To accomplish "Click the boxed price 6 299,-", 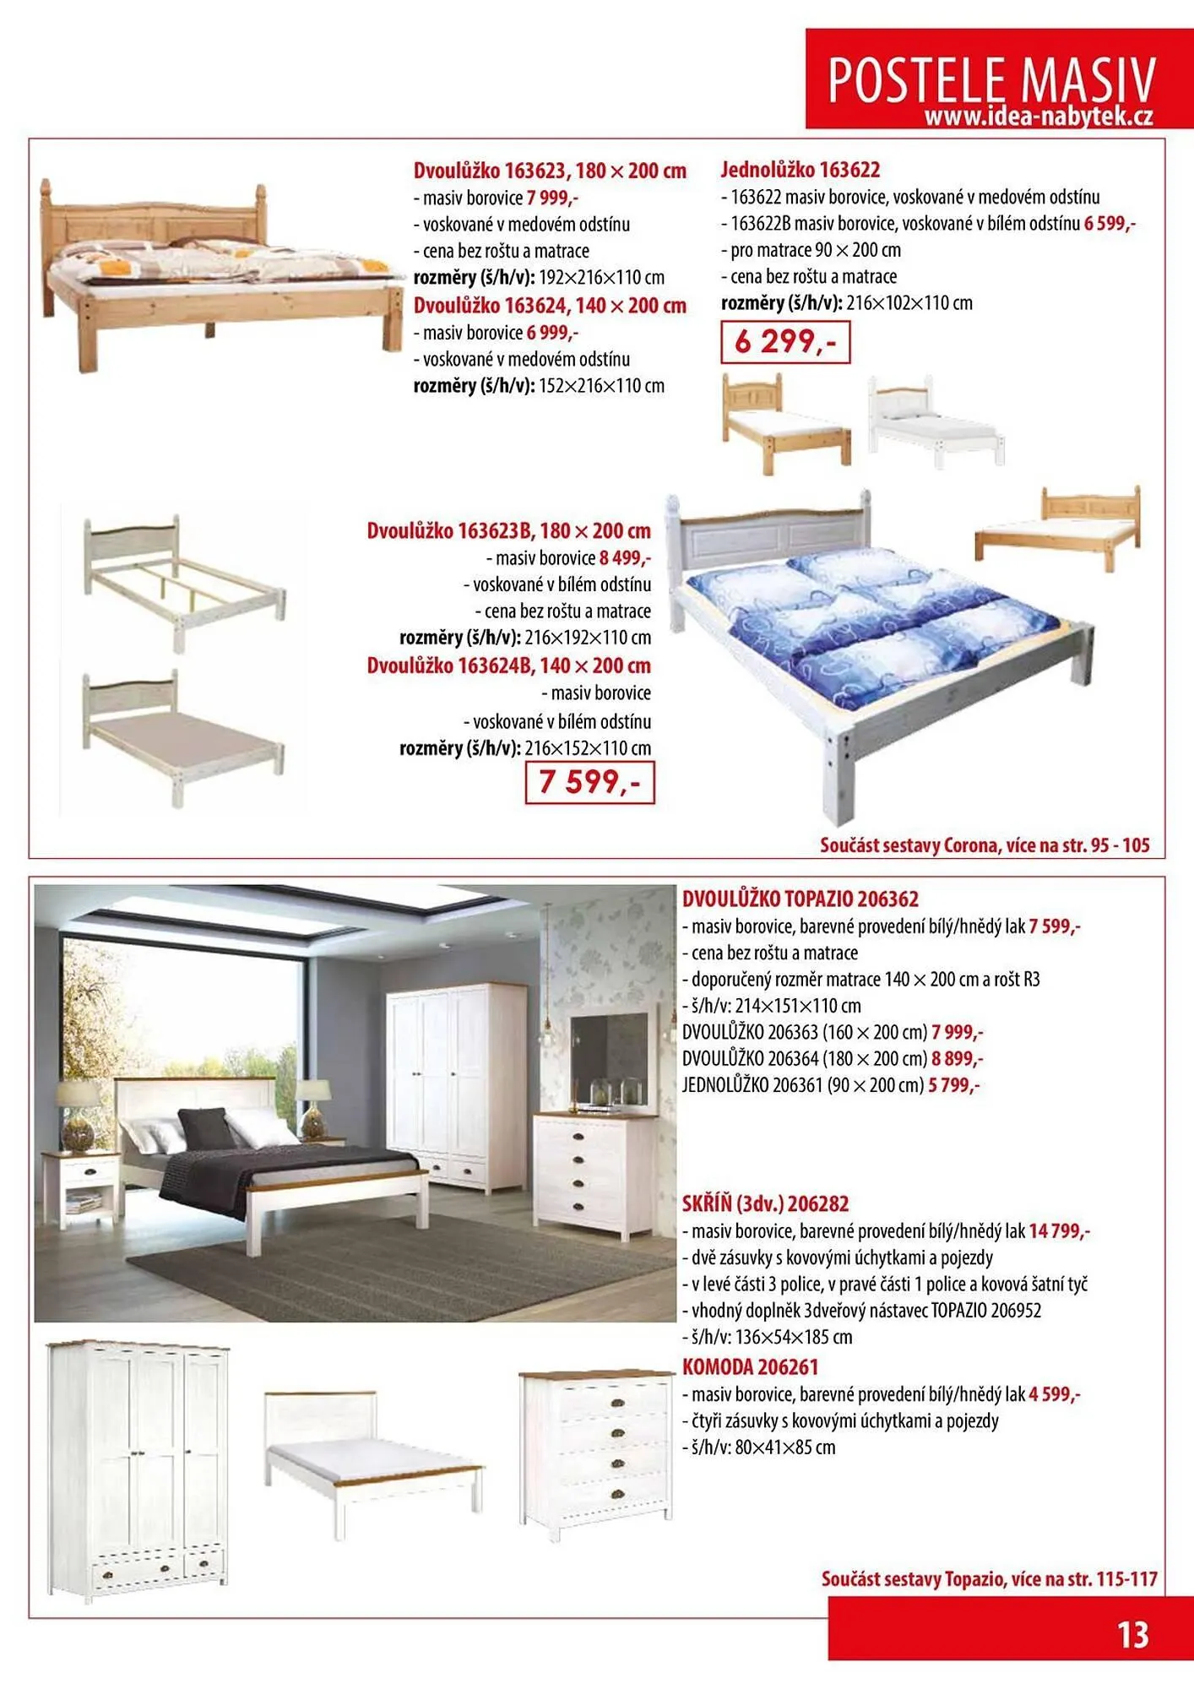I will point(785,342).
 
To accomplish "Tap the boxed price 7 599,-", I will point(589,782).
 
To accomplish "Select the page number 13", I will point(1132,1636).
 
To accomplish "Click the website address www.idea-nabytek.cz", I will point(1038,117).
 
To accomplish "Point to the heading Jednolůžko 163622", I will point(800,170).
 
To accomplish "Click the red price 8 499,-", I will point(625,558).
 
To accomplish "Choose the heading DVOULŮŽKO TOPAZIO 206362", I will point(800,899).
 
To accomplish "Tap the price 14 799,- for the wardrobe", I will point(1059,1231).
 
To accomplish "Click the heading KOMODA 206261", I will point(750,1367).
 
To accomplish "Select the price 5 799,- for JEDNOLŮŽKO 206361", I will point(954,1085).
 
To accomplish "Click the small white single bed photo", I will point(937,420).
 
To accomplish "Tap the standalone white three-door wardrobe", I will point(138,1469).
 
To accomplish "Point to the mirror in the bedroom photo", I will point(609,1060).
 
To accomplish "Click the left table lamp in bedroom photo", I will point(78,1115).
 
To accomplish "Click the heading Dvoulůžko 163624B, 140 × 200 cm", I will point(508,665).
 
